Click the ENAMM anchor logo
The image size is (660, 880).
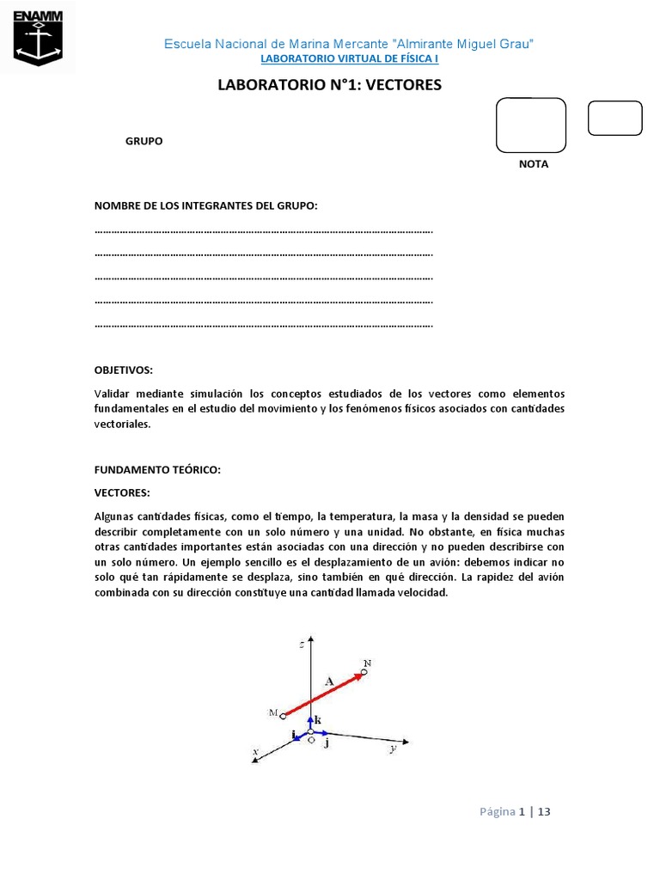38,38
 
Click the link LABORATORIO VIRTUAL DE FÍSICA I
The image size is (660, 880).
349,59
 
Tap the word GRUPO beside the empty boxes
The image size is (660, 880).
144,141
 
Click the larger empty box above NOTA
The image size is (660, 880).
531,125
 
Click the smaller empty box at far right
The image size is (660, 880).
614,119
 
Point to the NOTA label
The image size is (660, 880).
533,164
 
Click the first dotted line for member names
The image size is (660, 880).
263,231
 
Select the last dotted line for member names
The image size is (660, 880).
263,326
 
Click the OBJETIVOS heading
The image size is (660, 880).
123,370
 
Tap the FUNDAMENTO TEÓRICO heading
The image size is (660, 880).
157,469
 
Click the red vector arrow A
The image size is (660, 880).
324,693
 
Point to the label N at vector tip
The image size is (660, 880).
367,663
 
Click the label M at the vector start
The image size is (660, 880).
272,712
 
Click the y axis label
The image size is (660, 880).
392,749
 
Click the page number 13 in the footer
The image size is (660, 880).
543,810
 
